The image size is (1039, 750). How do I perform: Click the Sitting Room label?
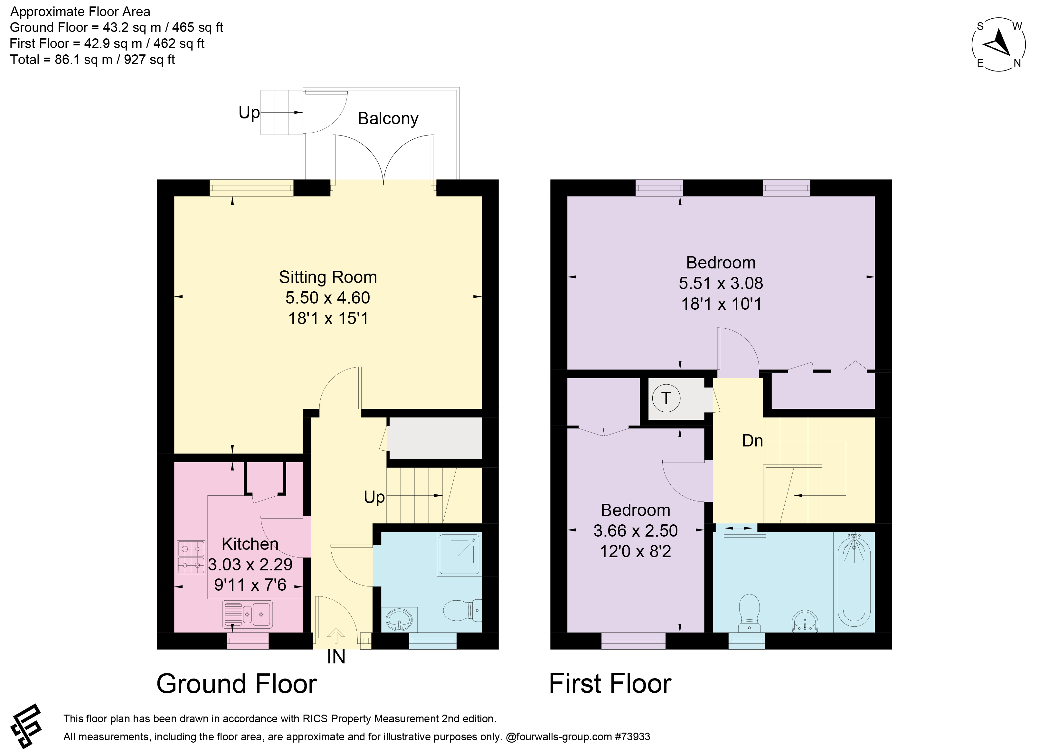328,277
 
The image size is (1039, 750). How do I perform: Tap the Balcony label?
388,118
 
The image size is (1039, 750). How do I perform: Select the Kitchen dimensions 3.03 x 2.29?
250,565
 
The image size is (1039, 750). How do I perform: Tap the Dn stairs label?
752,441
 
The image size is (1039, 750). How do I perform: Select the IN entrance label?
336,658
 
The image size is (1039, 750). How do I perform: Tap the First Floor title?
610,684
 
